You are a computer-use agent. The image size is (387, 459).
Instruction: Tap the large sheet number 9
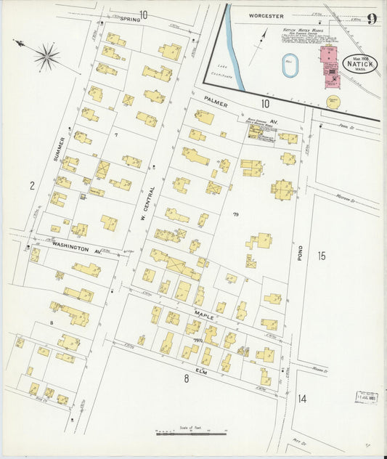tap(371, 19)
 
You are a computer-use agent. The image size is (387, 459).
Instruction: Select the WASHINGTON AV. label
tap(76, 248)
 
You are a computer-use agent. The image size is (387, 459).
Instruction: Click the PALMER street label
tap(216, 105)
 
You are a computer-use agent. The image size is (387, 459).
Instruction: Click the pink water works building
tap(330, 63)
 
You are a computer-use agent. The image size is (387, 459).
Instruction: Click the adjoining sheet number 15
tap(322, 256)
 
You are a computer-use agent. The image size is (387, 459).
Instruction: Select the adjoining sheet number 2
tap(32, 186)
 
